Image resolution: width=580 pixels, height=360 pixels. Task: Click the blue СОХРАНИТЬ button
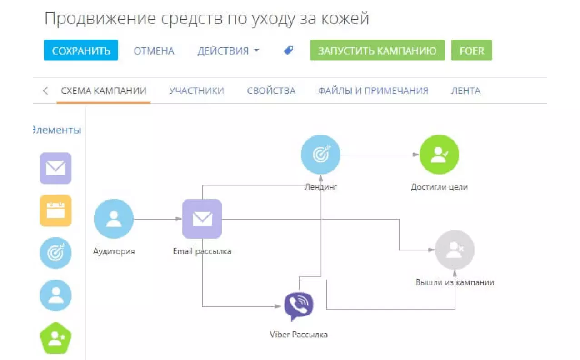[x=81, y=50]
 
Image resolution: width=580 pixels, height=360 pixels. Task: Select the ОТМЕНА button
[x=154, y=51]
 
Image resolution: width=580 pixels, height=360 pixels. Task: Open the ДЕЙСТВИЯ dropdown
[x=228, y=51]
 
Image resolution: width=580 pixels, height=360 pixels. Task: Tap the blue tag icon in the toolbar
[x=288, y=50]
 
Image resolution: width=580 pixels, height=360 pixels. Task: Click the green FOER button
[x=471, y=50]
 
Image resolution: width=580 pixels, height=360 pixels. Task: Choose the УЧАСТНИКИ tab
[x=196, y=91]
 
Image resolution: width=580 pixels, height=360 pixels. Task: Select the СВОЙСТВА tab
[x=271, y=91]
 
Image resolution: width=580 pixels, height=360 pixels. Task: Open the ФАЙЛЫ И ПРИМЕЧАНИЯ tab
[x=373, y=91]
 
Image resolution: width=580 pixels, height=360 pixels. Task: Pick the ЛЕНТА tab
[x=465, y=91]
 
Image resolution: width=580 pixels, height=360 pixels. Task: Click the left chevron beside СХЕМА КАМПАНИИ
[x=45, y=91]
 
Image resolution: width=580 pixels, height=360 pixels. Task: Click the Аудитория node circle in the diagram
[x=114, y=219]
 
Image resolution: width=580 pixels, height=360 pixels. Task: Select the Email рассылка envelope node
[x=202, y=219]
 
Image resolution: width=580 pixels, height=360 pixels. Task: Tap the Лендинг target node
[x=320, y=155]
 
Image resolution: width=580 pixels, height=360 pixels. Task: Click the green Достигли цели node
[x=439, y=155]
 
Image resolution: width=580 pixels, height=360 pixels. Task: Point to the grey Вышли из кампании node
[x=455, y=250]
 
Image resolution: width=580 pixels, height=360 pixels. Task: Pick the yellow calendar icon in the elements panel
[x=55, y=210]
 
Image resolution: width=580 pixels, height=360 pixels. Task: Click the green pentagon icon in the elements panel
[x=55, y=338]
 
